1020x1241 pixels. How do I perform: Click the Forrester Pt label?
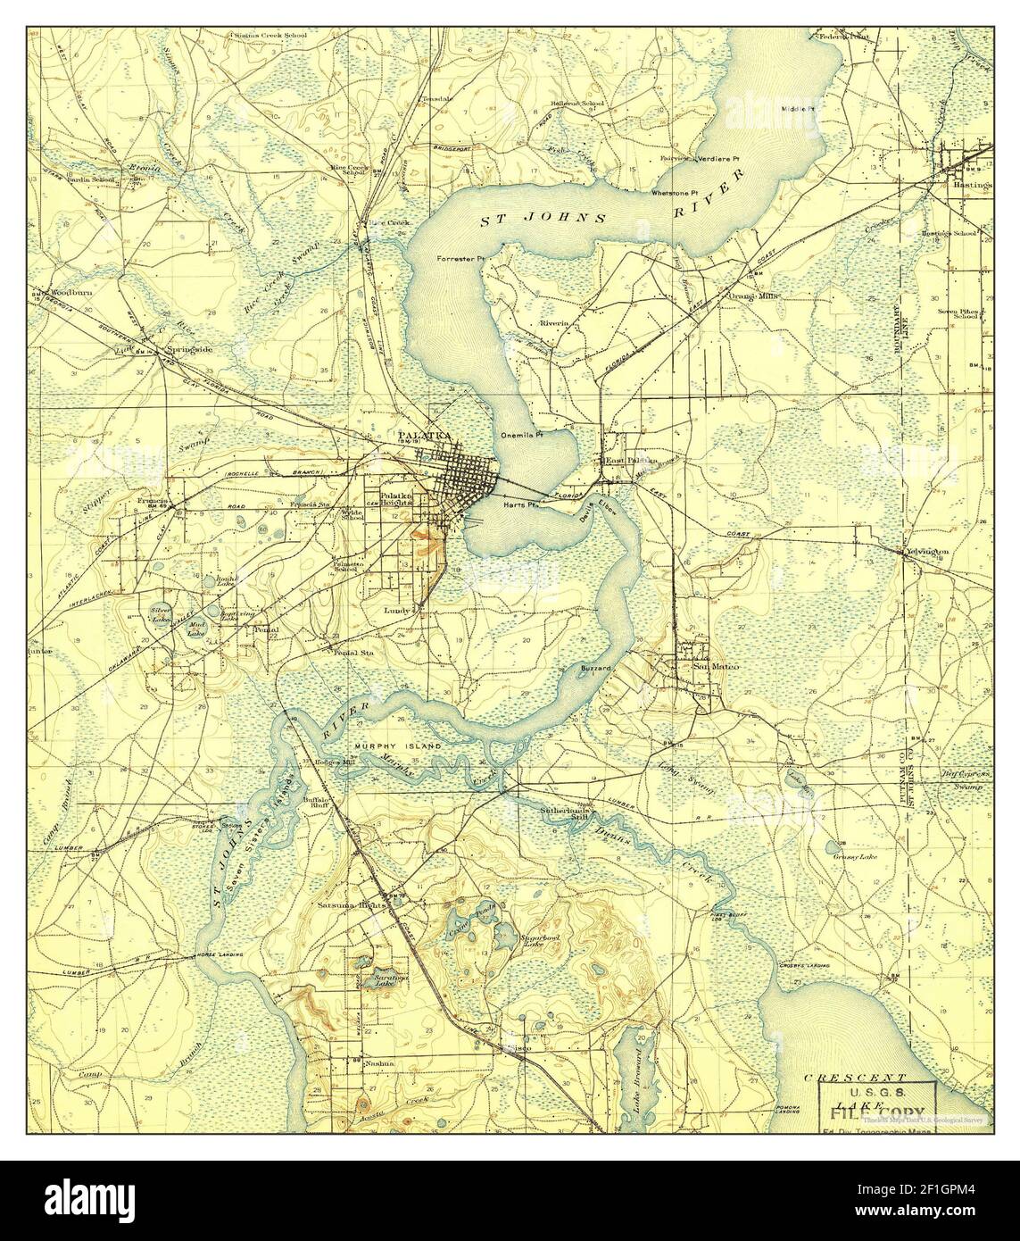coord(460,259)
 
